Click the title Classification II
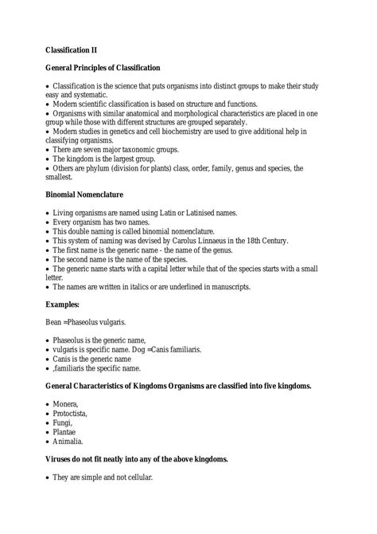pos(76,49)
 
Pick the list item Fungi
pos(63,428)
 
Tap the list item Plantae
pos(66,439)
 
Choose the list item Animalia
pos(68,450)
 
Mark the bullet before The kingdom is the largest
pos(48,159)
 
